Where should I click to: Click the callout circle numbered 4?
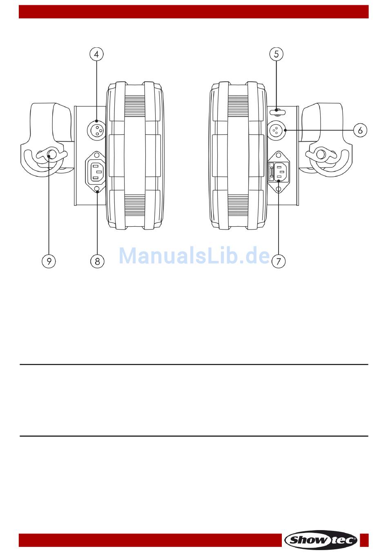pos(96,54)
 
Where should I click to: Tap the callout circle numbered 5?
pos(276,54)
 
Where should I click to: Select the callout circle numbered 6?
pos(360,130)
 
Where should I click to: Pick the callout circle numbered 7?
pos(279,261)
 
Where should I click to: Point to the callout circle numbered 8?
pos(97,261)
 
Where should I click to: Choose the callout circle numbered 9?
pos(49,261)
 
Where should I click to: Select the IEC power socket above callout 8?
pos(96,172)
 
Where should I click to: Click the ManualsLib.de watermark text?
pos(194,256)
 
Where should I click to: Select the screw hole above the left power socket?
pos(97,155)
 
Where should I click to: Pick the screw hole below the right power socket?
pos(279,189)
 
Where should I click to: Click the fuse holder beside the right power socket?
pos(271,172)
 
